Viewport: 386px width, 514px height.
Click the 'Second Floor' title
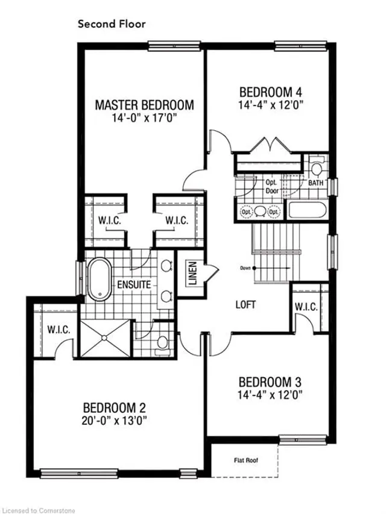pyautogui.click(x=112, y=25)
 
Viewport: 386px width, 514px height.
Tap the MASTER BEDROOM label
pyautogui.click(x=145, y=105)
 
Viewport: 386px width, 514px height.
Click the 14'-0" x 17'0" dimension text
pyautogui.click(x=145, y=119)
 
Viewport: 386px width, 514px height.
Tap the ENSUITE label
pyautogui.click(x=134, y=284)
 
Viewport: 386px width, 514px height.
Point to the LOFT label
pyautogui.click(x=246, y=304)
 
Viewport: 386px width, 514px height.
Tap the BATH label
pyautogui.click(x=316, y=182)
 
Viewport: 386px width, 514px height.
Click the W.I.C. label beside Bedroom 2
pyautogui.click(x=59, y=330)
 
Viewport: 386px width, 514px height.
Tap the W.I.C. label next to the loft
pyautogui.click(x=306, y=307)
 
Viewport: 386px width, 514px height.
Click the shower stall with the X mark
pyautogui.click(x=106, y=339)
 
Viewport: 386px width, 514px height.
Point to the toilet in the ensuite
pyautogui.click(x=160, y=342)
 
